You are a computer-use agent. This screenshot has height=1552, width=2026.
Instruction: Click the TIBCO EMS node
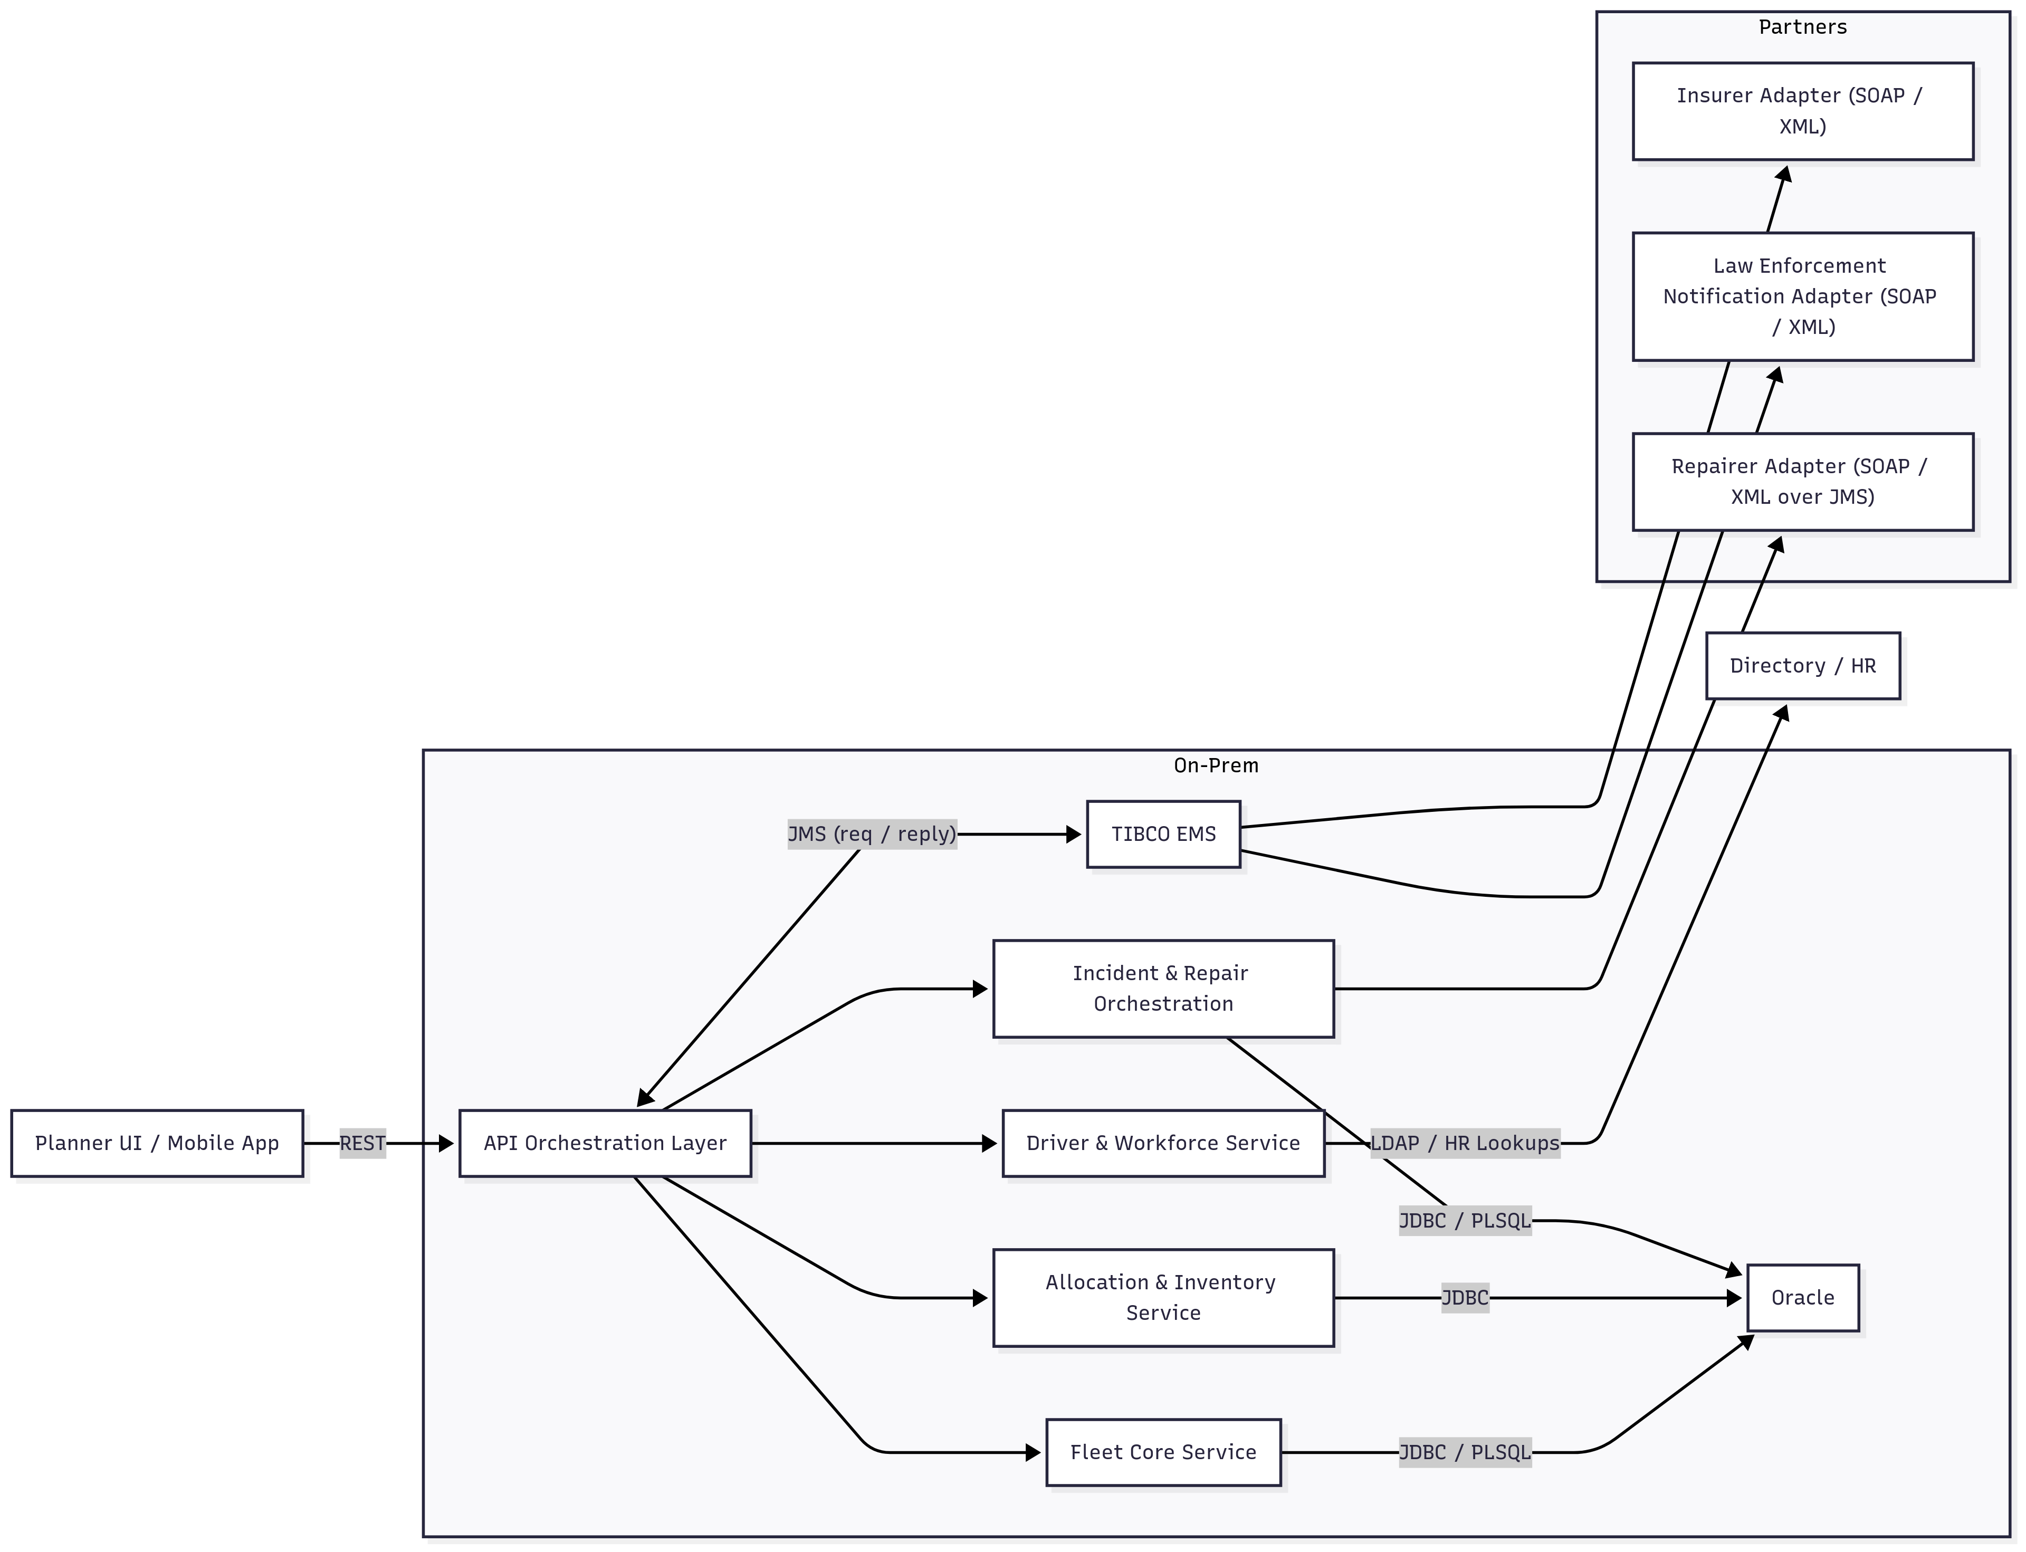tap(1163, 834)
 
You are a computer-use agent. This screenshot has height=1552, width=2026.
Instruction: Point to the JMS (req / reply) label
tap(871, 834)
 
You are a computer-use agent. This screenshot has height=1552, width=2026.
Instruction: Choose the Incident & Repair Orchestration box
tap(1163, 989)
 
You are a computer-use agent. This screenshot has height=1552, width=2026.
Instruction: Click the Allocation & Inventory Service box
tap(1163, 1297)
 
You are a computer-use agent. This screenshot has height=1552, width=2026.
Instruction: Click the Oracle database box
tap(1802, 1297)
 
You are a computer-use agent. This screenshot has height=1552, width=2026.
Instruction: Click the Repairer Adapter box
tap(1802, 481)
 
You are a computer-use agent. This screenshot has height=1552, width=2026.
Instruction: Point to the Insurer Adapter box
tap(1802, 111)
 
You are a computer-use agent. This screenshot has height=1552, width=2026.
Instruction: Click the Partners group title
tap(1802, 27)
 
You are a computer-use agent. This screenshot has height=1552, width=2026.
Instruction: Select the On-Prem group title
tap(1215, 765)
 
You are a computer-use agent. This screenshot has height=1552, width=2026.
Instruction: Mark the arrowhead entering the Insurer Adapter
tap(1785, 174)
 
